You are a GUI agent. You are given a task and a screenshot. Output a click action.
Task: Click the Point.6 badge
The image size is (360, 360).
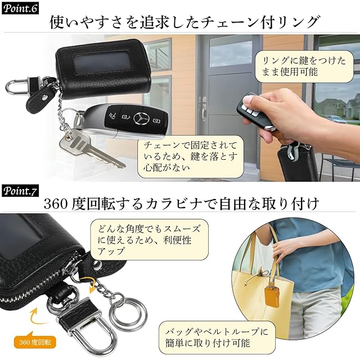[20, 9]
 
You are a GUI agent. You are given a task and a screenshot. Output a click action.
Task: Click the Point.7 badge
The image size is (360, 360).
[20, 191]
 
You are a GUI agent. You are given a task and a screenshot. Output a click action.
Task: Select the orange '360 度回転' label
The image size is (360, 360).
[35, 343]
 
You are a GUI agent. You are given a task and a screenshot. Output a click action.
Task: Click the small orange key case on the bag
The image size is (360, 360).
[272, 296]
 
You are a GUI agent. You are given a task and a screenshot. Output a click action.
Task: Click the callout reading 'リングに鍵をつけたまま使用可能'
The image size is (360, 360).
[304, 66]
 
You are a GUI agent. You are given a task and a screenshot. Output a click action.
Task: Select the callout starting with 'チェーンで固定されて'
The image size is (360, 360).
[191, 156]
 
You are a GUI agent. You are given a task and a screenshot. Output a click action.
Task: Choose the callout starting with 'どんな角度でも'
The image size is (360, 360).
[149, 240]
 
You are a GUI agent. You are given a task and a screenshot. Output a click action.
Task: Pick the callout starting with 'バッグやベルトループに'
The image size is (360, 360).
[217, 337]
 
